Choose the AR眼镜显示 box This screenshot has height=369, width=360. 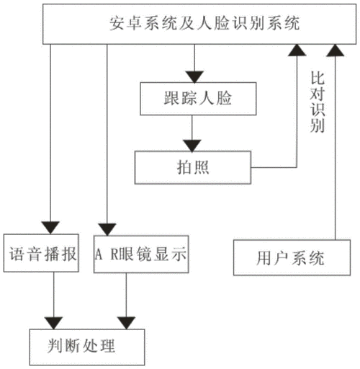(140, 254)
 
